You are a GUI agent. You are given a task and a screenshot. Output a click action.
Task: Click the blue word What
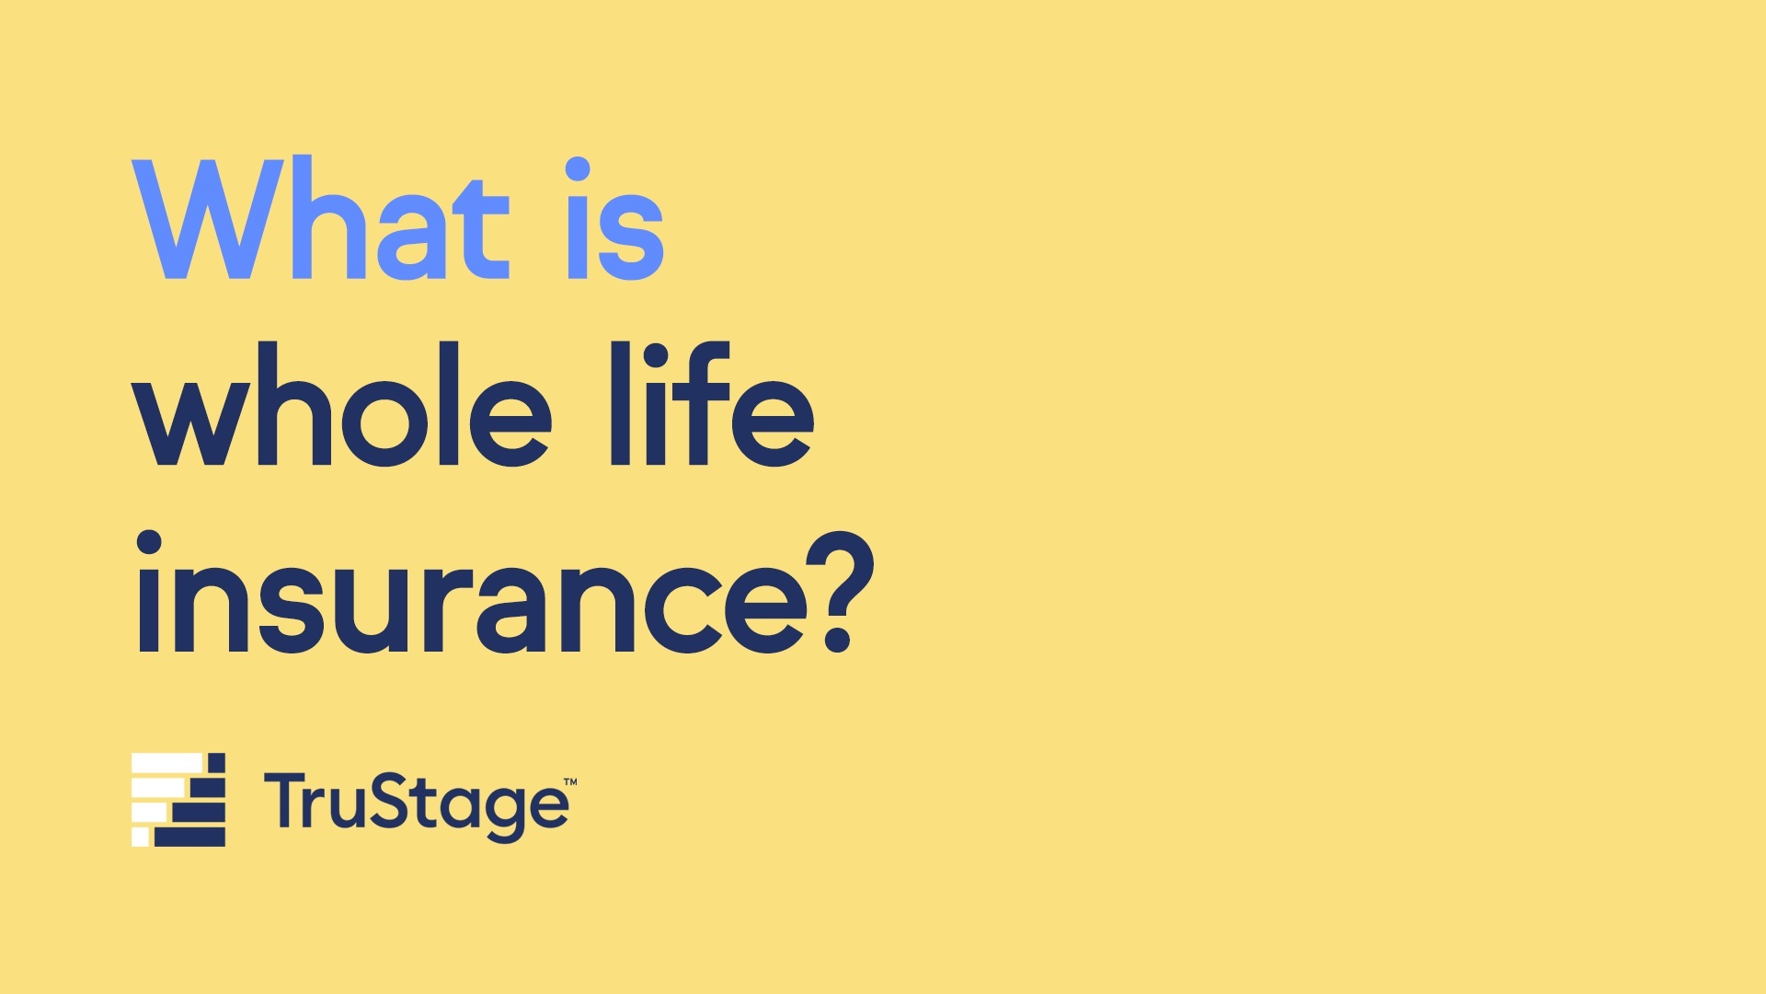tap(320, 219)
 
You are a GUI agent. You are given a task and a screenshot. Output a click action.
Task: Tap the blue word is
tap(614, 218)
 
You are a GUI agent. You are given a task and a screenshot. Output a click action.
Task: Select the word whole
tap(342, 405)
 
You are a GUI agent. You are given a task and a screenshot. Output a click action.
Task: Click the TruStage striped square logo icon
tap(178, 800)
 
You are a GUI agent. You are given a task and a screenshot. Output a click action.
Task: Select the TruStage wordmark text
tap(417, 807)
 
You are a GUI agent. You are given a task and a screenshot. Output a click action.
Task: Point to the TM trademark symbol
tap(570, 782)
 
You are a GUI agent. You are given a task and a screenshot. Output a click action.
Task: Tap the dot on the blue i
tap(578, 170)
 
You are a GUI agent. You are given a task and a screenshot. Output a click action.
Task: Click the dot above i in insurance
tap(149, 543)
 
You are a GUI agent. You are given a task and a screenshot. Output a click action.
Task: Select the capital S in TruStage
tap(377, 800)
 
